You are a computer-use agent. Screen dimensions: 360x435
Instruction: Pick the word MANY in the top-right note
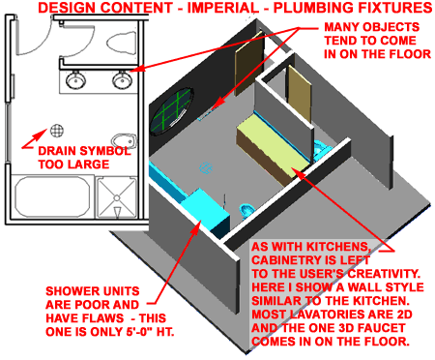pyautogui.click(x=344, y=25)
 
